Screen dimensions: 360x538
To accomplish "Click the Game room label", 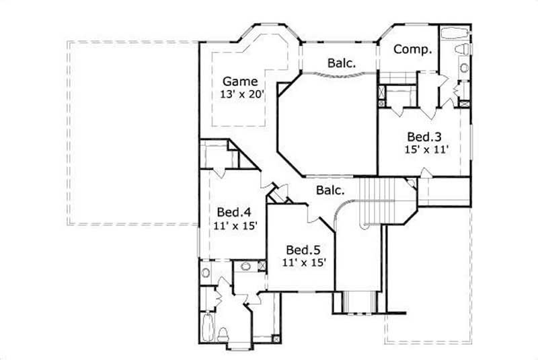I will pyautogui.click(x=240, y=81).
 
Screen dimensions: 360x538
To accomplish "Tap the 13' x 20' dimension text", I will pyautogui.click(x=240, y=95).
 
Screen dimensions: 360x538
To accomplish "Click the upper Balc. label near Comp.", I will pyautogui.click(x=342, y=63).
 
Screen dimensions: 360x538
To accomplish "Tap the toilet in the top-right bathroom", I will pyautogui.click(x=461, y=50).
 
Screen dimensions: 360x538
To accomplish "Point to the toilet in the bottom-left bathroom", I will pyautogui.click(x=223, y=334).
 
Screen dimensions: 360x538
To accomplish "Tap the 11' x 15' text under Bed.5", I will pyautogui.click(x=304, y=261).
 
